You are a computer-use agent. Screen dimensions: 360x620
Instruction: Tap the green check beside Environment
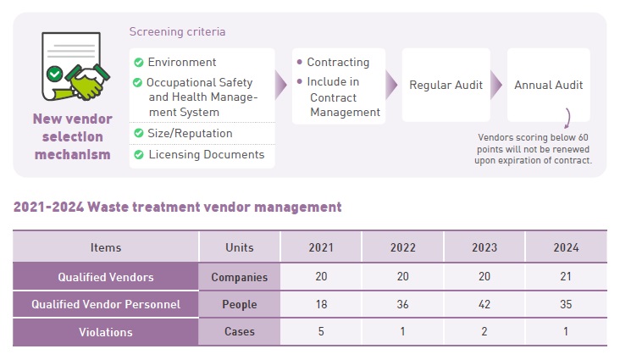138,62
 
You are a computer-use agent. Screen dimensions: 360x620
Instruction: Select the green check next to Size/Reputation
138,134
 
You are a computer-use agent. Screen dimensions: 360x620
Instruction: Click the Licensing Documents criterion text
206,154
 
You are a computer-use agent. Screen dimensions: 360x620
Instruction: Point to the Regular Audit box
446,85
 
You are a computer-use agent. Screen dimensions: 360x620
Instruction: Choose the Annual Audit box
548,85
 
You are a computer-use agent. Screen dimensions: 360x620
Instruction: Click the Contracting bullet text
337,62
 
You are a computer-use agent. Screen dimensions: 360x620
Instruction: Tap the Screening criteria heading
177,32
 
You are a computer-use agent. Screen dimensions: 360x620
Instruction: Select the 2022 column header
402,247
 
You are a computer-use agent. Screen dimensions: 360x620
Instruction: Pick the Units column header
240,247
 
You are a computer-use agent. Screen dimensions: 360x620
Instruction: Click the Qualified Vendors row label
106,277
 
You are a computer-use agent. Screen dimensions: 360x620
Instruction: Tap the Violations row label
106,332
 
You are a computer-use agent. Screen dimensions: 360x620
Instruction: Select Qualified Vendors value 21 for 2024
566,277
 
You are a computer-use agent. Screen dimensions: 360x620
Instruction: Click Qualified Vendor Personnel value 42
484,305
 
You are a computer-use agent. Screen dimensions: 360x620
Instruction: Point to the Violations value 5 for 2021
321,332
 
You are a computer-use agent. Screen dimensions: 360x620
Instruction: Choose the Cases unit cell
240,332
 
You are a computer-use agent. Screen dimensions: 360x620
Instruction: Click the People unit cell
240,305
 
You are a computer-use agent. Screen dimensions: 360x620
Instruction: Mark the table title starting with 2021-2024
177,207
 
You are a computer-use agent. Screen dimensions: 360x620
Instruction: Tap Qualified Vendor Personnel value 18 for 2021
321,305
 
